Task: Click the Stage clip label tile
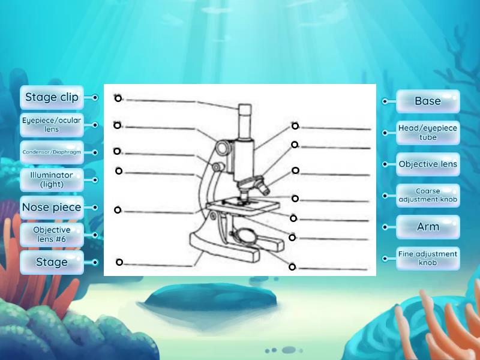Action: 52,97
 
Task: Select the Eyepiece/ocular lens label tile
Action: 52,125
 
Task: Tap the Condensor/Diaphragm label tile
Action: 52,152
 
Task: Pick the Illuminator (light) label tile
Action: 52,179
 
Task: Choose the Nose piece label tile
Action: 52,208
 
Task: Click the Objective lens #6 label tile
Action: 52,235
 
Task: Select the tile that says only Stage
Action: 52,262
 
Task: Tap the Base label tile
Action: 428,101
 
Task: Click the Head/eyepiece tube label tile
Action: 428,133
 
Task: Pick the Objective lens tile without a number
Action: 428,164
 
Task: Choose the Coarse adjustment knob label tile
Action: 428,196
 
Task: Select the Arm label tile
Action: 428,227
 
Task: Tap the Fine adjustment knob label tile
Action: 428,259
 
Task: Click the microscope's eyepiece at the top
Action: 244,112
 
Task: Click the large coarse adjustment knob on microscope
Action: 223,146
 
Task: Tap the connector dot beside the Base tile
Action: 385,101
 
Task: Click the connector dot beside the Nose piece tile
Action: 95,208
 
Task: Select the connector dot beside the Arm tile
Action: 385,227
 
